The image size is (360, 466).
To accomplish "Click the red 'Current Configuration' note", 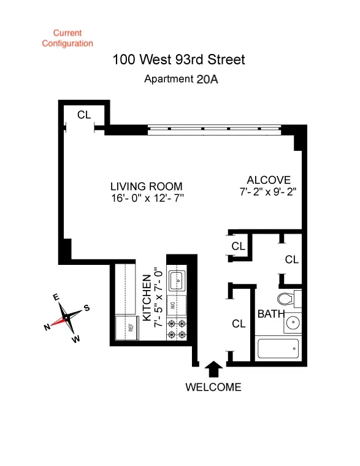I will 67,38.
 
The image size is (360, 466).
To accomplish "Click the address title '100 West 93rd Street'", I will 179,59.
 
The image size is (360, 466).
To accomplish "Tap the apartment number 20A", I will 207,79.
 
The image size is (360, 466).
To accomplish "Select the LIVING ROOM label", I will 146,186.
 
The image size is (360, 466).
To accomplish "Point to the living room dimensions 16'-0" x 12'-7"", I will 146,198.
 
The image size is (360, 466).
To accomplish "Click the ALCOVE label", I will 268,180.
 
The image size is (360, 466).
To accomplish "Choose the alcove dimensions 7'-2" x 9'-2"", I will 268,191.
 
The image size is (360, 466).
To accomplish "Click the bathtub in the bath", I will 277,350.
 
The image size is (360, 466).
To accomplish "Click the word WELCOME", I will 213,387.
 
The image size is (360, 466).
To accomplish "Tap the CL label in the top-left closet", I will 83,115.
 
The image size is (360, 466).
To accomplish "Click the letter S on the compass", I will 87,308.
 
